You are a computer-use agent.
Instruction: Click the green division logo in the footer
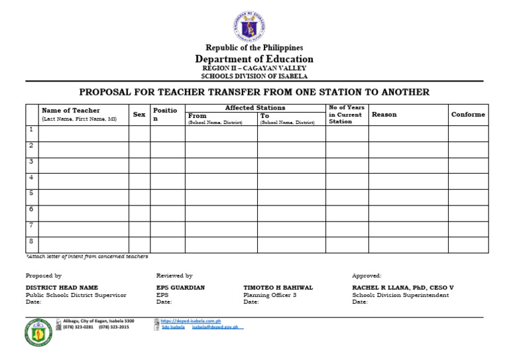38,333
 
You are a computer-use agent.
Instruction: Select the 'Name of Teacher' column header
71,111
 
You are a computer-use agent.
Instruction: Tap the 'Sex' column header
139,115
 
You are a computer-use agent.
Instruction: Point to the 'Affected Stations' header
255,107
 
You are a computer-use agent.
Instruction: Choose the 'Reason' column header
384,115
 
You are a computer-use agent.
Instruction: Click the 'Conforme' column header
468,115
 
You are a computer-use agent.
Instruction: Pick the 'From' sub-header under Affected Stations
198,116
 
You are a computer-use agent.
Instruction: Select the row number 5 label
31,193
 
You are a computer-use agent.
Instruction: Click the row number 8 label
31,241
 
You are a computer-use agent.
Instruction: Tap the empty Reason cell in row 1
408,133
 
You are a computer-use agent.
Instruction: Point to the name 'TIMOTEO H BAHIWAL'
278,288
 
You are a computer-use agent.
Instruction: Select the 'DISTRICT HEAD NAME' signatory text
62,288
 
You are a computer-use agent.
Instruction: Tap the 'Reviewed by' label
174,275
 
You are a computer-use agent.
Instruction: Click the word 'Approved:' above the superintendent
367,275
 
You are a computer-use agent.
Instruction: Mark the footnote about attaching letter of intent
87,256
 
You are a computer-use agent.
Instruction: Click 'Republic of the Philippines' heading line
254,48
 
